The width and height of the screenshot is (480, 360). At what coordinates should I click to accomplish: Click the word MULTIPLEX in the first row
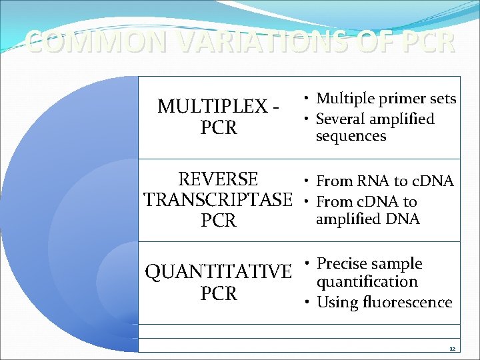[x=211, y=106]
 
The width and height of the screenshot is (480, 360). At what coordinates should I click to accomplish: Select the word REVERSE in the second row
[x=218, y=179]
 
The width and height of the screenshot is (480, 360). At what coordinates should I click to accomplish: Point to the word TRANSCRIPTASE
[x=218, y=199]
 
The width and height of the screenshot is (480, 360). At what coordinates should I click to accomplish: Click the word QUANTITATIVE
[x=218, y=272]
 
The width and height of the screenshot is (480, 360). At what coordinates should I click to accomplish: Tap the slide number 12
[x=452, y=349]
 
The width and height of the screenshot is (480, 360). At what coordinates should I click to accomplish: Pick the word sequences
[x=351, y=136]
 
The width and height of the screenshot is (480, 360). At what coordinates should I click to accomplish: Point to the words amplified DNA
[x=367, y=219]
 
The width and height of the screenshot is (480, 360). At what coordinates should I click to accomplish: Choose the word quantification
[x=367, y=281]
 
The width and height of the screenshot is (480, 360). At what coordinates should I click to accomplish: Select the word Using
[x=337, y=303]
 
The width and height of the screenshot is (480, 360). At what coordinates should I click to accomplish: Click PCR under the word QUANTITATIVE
[x=219, y=293]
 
